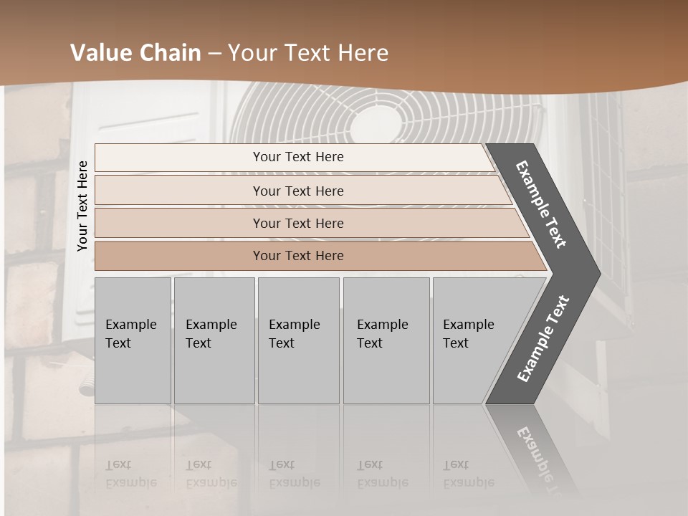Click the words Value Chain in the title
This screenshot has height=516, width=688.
135,53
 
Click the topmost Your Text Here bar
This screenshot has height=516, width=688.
297,157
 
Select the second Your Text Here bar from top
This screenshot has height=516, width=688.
297,191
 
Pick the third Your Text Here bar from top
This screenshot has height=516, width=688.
297,223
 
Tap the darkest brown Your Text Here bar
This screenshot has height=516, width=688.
297,256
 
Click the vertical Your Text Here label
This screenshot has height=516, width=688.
82,206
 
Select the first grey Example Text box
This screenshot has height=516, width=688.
133,340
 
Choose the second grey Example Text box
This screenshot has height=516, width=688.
214,340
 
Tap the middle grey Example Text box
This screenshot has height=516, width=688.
298,340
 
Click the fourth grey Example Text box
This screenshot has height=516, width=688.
387,340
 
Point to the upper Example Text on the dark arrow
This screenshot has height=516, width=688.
541,204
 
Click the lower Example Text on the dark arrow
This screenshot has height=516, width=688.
543,338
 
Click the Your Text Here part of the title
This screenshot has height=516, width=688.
308,53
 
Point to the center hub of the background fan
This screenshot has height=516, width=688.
378,126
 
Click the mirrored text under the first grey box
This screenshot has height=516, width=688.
130,474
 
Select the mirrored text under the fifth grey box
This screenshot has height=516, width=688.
468,474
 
